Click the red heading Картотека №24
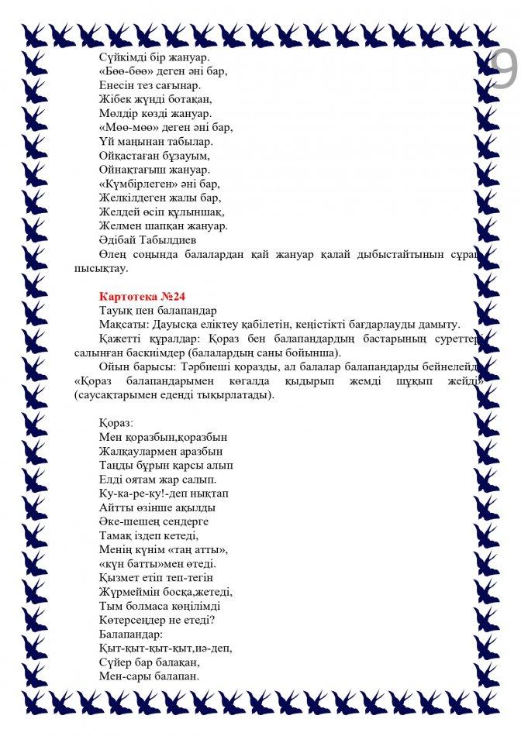tap(143, 296)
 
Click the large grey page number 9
tap(505, 71)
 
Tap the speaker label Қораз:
tap(116, 423)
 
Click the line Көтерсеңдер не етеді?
tap(157, 620)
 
